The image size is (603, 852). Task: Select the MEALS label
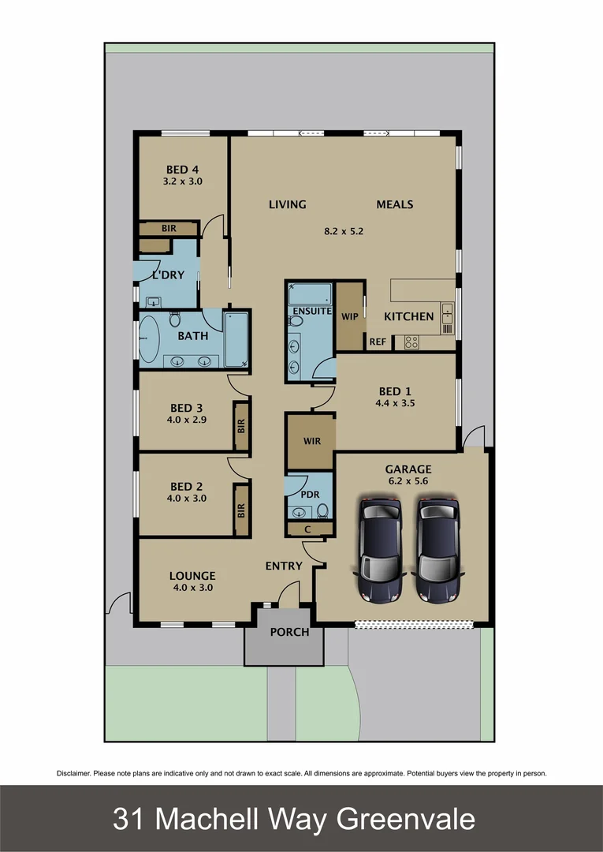395,204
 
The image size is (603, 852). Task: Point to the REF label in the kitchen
378,342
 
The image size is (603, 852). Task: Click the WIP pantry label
349,316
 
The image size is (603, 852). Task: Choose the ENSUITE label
312,311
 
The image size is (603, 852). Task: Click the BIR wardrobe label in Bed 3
241,427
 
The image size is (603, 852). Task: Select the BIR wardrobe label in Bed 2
241,510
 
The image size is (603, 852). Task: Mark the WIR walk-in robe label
311,441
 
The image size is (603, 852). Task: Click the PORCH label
289,632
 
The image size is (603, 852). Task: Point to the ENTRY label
284,566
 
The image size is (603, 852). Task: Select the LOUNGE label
192,576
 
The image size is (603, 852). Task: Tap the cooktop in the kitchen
411,342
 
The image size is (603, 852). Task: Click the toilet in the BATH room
175,319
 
